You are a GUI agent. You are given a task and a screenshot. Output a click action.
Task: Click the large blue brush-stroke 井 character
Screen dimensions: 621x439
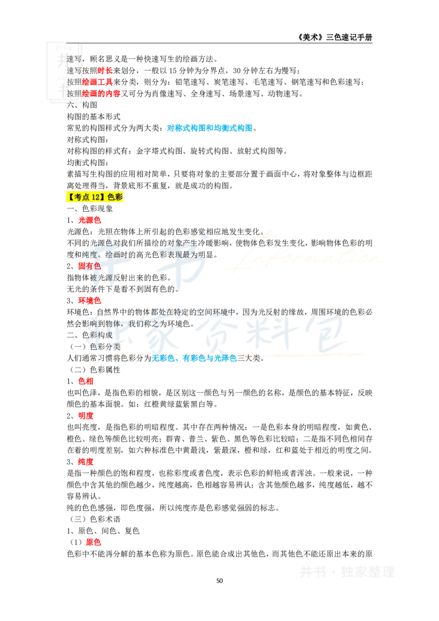(102, 259)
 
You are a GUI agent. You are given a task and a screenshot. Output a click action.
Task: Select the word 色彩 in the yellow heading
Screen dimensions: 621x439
(116, 198)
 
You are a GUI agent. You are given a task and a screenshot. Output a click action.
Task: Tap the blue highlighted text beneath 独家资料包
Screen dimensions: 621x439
(195, 359)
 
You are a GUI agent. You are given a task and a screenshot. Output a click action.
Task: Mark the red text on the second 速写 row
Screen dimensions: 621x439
(105, 70)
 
